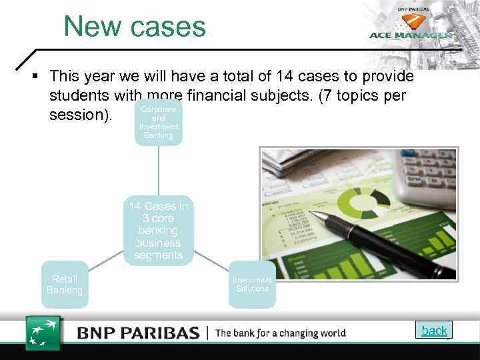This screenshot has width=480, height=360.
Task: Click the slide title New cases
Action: tap(135, 27)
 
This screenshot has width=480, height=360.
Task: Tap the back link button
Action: tap(435, 330)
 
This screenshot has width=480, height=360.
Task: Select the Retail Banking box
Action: tap(65, 285)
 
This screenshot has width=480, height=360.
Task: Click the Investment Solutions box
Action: tap(252, 285)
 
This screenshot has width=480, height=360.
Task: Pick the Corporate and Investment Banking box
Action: tap(158, 122)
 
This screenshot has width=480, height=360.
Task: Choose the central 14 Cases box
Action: tap(158, 231)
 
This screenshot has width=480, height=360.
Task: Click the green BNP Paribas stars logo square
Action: tap(43, 331)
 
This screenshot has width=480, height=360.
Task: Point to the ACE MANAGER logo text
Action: tap(411, 35)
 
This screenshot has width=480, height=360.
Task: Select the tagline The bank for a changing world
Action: tap(281, 332)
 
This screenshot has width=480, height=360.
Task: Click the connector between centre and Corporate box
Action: tap(159, 172)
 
